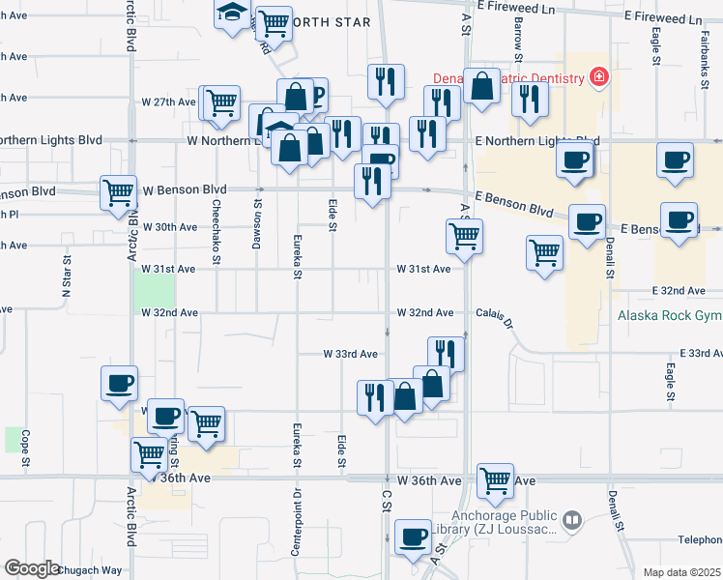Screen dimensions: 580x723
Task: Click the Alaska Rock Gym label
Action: pos(670,315)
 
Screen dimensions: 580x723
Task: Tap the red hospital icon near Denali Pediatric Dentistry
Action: pos(599,76)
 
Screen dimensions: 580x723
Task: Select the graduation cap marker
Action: pos(231,13)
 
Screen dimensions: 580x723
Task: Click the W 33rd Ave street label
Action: pos(350,355)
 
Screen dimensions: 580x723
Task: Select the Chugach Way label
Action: pos(90,570)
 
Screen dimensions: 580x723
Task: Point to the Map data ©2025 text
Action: pos(681,572)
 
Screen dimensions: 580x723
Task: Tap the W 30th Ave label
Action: pos(170,227)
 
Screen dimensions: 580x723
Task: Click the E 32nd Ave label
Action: pos(680,290)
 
